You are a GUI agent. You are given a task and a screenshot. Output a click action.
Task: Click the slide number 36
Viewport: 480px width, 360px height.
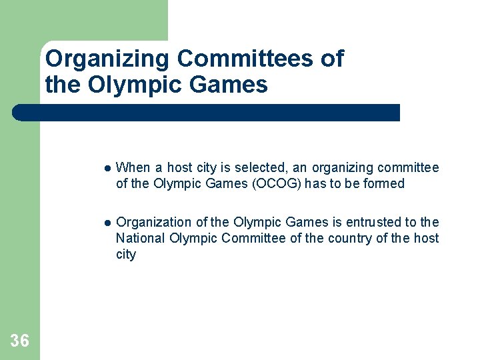click(20, 341)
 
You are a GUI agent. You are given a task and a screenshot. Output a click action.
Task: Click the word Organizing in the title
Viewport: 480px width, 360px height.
click(107, 59)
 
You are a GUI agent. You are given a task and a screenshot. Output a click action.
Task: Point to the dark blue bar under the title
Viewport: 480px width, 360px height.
click(206, 113)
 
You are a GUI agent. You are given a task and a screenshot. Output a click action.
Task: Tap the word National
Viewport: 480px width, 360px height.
click(140, 238)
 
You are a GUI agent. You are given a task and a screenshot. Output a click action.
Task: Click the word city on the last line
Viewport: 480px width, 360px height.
click(125, 255)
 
